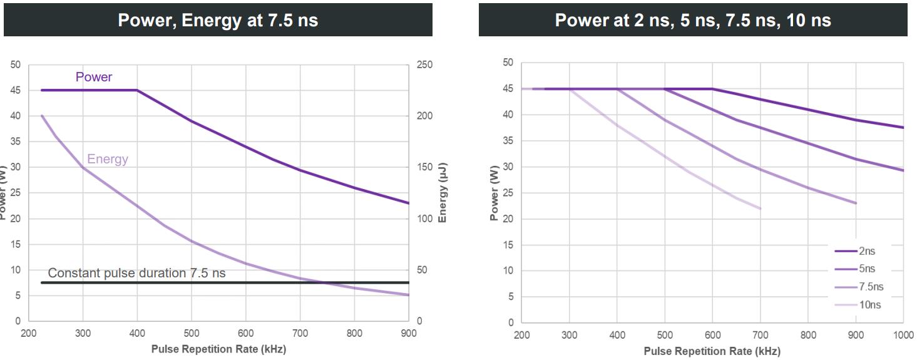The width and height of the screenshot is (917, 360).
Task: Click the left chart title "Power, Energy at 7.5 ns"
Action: coord(218,20)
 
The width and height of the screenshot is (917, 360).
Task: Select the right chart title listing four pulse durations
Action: coord(693,20)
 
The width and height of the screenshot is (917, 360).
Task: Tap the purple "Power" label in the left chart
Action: coord(94,77)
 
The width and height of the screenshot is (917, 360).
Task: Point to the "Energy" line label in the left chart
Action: coord(108,159)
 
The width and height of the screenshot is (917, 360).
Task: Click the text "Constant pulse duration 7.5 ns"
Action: coord(136,273)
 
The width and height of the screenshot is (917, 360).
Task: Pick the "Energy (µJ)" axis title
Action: coord(443,193)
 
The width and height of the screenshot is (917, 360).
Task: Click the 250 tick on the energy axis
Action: coord(425,64)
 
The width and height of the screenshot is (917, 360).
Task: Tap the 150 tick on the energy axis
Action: coord(425,167)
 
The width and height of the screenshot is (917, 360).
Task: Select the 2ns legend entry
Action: coord(867,251)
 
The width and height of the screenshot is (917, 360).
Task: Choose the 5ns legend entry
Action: coord(867,269)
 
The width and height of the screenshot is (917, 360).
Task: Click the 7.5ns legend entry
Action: coord(870,287)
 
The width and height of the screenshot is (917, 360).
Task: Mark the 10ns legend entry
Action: coord(868,305)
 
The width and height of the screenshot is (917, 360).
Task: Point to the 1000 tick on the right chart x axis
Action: coord(903,335)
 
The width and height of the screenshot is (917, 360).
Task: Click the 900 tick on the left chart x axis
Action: coord(409,334)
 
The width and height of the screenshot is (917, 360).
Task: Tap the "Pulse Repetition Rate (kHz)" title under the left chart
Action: coord(218,349)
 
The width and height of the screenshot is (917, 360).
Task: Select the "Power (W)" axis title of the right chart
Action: coord(494,193)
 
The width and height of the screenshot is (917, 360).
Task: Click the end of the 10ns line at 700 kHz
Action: coord(761,208)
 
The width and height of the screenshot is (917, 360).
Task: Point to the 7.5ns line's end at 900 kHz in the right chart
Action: coord(856,203)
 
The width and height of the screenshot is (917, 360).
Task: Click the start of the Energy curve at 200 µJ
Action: coord(42,116)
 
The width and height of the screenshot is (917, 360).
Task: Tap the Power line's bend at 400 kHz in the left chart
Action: coord(137,90)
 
